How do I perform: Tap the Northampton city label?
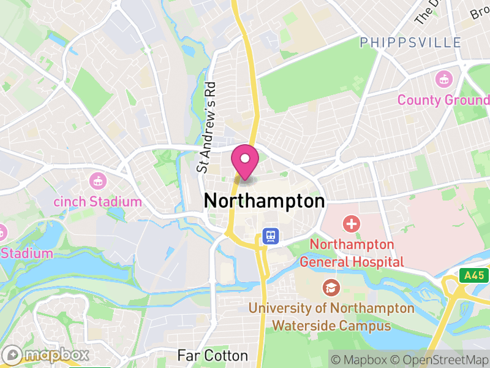263,201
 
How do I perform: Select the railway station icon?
269,236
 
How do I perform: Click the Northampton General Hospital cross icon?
352,223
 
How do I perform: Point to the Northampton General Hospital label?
352,253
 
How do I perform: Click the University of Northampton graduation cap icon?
331,286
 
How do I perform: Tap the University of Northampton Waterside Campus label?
331,316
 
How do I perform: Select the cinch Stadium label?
97,202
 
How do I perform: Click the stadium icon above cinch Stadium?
97,181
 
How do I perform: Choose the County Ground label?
443,100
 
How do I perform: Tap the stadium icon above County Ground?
443,79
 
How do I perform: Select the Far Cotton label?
213,356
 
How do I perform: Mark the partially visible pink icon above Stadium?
2,232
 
